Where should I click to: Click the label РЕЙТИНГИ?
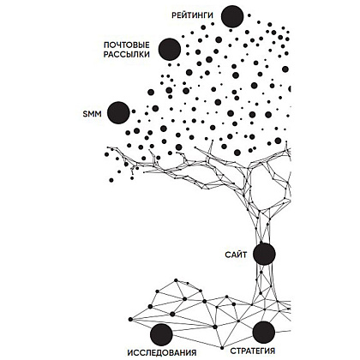tap(193, 15)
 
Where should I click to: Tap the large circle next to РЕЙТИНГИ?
tap(232, 16)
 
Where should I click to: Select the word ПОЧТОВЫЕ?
tap(127, 45)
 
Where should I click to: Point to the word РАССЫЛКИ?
tap(127, 55)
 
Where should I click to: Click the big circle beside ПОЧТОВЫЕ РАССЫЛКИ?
tap(170, 49)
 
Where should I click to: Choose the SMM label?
tap(92, 114)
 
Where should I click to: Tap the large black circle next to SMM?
tap(118, 113)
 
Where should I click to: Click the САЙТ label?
tap(236, 255)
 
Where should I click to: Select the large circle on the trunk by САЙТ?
tap(264, 254)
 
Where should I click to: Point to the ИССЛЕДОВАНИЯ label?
tap(162, 352)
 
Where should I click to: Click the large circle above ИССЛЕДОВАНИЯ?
tap(161, 334)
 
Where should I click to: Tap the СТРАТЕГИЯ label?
tap(253, 351)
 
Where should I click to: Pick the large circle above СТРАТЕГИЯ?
tap(264, 332)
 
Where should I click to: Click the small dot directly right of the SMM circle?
tap(134, 111)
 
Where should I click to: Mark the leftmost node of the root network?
tap(130, 319)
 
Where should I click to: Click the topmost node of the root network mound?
tap(176, 280)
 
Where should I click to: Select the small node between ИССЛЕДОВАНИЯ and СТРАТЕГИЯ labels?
tap(222, 348)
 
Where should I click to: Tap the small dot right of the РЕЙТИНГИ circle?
tap(249, 15)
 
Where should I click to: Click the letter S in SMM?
tap(85, 114)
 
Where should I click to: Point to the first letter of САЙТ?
tap(228, 255)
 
